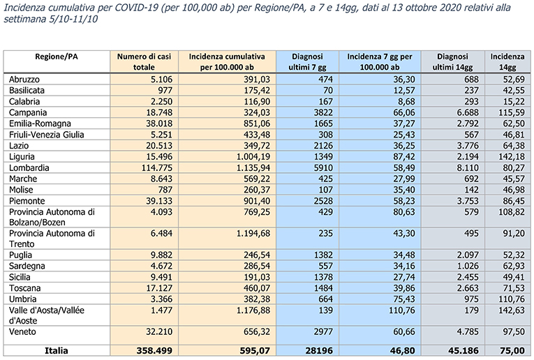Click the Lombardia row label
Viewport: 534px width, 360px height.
pyautogui.click(x=29, y=167)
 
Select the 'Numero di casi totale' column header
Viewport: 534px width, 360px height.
pyautogui.click(x=144, y=61)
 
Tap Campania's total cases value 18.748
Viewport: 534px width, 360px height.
pyautogui.click(x=159, y=112)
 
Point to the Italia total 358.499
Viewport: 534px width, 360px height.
pyautogui.click(x=154, y=350)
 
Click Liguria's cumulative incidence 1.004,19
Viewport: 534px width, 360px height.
pyautogui.click(x=253, y=157)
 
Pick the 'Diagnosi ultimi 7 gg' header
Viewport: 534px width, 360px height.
pyautogui.click(x=307, y=61)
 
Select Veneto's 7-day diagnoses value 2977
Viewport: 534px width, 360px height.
pyautogui.click(x=323, y=332)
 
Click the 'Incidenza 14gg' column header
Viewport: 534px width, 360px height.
pyautogui.click(x=507, y=61)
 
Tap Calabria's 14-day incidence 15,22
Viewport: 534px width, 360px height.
pyautogui.click(x=514, y=102)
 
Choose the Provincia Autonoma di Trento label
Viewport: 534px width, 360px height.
pyautogui.click(x=52, y=239)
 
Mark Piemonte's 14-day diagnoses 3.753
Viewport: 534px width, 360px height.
pyautogui.click(x=468, y=201)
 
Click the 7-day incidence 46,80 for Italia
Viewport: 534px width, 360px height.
pyautogui.click(x=403, y=350)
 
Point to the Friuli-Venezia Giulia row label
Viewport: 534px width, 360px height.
pyautogui.click(x=46, y=135)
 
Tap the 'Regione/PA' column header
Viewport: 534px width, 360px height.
pyautogui.click(x=57, y=57)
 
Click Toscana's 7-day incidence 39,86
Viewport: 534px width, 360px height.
pyautogui.click(x=404, y=288)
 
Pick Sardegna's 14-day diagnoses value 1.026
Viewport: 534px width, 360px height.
pyautogui.click(x=468, y=266)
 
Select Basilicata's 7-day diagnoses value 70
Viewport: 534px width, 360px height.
pyautogui.click(x=328, y=91)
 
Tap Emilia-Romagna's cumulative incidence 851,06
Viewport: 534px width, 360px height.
pyautogui.click(x=257, y=123)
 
